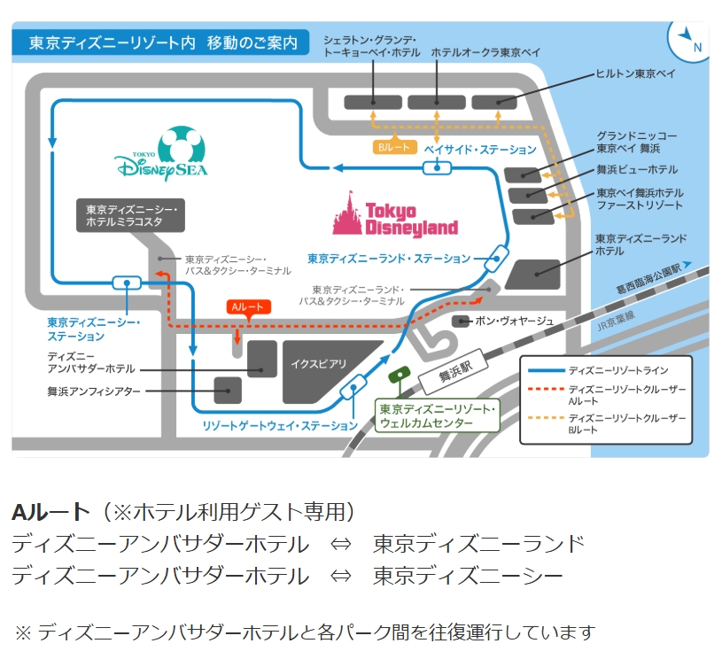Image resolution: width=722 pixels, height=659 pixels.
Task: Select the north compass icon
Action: point(687,40)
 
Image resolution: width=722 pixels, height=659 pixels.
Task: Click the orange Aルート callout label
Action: point(247,308)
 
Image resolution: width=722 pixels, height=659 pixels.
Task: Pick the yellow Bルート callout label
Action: point(393,148)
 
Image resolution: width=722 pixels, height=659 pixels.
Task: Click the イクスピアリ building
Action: point(318,364)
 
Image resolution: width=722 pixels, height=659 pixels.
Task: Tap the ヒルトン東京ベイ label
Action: point(634,74)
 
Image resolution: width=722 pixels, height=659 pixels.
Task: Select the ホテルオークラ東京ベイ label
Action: point(485,53)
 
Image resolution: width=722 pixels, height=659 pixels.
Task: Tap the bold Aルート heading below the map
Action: point(50,512)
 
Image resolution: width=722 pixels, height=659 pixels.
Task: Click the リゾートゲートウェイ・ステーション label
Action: point(280,426)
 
